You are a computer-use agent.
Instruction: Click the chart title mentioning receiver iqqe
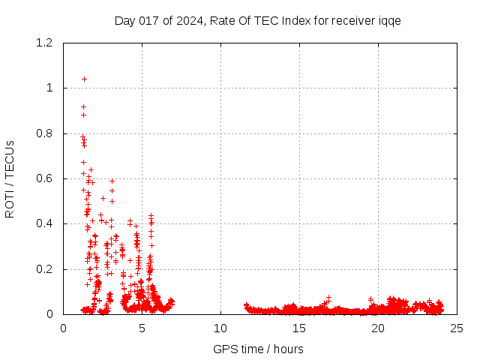(x=257, y=20)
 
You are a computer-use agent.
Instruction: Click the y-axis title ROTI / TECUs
(x=10, y=178)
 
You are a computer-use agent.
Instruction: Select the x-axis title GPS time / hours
(x=258, y=349)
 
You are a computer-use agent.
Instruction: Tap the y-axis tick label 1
(x=49, y=88)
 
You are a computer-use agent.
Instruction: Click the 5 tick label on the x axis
(x=142, y=328)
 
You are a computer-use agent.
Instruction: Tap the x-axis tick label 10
(x=220, y=328)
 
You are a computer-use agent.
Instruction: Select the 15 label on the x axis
(x=299, y=328)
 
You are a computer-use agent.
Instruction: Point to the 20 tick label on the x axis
(x=378, y=328)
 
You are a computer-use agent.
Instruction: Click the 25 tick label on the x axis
(x=457, y=328)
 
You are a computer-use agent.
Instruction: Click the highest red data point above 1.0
(x=84, y=79)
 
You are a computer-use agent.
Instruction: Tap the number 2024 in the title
(x=191, y=20)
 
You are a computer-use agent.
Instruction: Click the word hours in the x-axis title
(x=289, y=349)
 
